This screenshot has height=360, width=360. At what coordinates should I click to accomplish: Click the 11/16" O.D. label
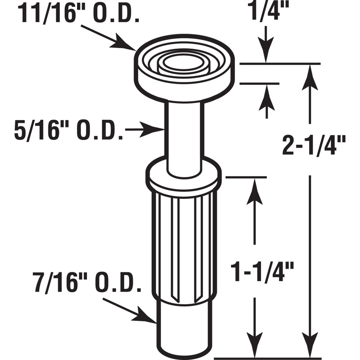tap(78, 14)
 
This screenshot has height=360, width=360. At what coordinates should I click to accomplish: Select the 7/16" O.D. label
tap(84, 284)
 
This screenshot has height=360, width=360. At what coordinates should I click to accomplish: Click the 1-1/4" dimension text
tap(263, 272)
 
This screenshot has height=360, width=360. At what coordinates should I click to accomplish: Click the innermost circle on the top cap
tap(183, 63)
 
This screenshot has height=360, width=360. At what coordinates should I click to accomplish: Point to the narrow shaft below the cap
tap(184, 135)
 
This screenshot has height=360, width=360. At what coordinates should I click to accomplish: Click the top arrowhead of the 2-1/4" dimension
tap(308, 74)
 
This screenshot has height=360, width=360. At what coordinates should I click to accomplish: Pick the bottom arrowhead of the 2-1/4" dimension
tap(308, 349)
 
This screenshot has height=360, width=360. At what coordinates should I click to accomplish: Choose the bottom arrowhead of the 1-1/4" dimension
tap(255, 349)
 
